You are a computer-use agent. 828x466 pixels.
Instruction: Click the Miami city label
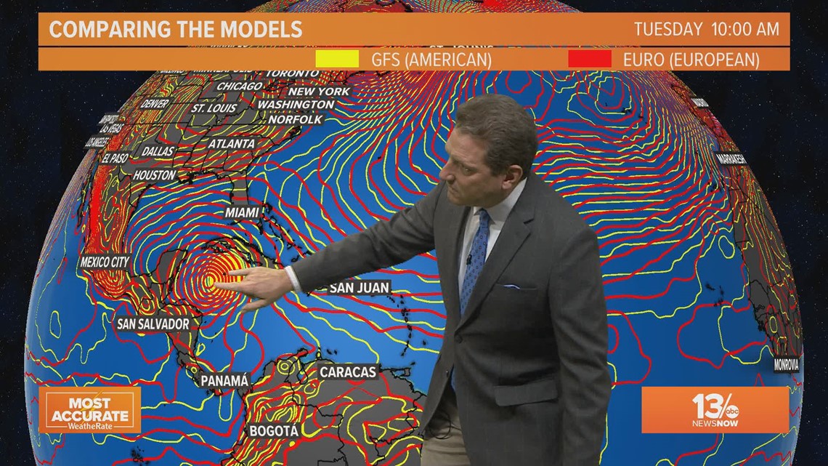[243, 212]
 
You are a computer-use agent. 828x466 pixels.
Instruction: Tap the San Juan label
[360, 288]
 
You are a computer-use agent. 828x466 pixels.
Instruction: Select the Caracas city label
[348, 372]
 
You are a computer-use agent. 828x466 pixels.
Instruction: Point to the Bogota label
[274, 431]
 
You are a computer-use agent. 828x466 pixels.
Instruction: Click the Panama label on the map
[224, 380]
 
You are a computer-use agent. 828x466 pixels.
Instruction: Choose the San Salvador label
[153, 324]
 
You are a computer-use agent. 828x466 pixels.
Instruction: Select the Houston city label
[154, 175]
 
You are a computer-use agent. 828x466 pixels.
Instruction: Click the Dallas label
[158, 151]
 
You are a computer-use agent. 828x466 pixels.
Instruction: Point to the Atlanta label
[232, 144]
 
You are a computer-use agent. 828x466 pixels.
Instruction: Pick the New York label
[319, 92]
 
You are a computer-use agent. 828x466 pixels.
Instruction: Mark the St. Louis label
[214, 108]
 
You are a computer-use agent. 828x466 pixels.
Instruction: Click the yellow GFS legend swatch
[337, 59]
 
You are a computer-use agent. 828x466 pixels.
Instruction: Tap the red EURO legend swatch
[590, 59]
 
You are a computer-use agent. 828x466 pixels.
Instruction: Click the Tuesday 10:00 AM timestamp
[706, 30]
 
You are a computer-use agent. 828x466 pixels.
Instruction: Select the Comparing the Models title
[175, 30]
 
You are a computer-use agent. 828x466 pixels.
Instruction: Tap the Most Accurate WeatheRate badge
[89, 410]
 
